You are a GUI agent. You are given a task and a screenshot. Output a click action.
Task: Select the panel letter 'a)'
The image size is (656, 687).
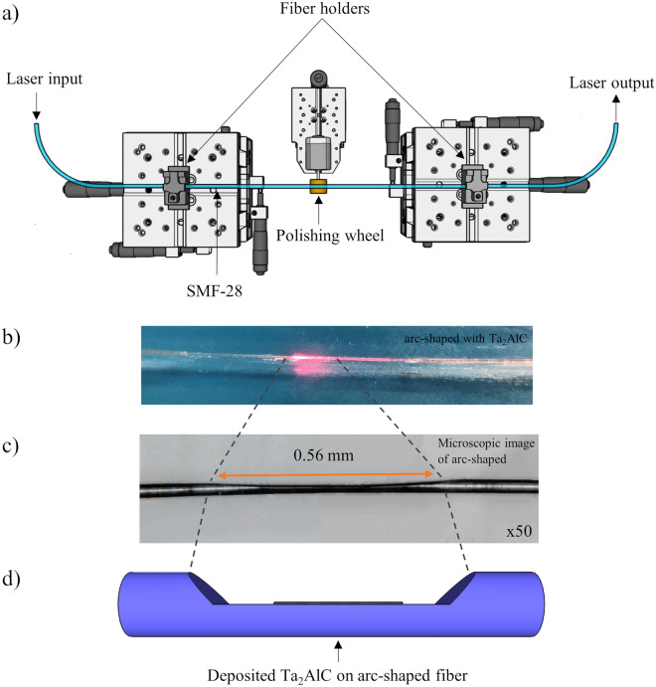pyautogui.click(x=16, y=13)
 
